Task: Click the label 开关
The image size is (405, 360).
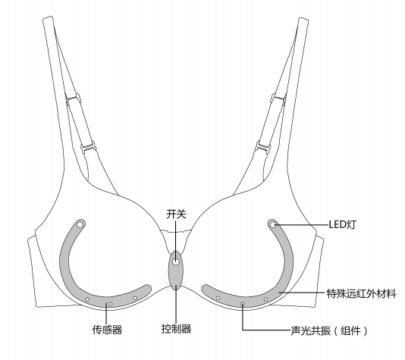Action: [x=176, y=214]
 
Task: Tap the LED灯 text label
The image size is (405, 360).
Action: [x=342, y=225]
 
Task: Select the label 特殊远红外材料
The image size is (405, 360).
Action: [x=361, y=293]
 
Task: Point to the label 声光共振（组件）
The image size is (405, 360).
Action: [x=329, y=330]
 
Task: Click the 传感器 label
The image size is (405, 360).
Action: [x=107, y=330]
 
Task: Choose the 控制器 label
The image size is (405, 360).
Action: [x=177, y=329]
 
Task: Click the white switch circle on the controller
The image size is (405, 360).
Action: [x=176, y=261]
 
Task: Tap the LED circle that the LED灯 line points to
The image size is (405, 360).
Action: [x=273, y=225]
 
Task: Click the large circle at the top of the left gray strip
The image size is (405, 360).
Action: [x=80, y=225]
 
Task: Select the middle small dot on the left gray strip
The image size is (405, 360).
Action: [x=110, y=304]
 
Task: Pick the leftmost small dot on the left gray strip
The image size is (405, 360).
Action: [x=87, y=299]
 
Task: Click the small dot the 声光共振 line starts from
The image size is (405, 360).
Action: [x=242, y=304]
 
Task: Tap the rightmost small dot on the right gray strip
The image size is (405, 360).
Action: [x=265, y=299]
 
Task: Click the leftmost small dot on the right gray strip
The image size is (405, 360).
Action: [x=218, y=298]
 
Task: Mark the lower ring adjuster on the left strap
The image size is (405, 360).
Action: [x=88, y=147]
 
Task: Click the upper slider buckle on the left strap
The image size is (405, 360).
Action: [x=73, y=99]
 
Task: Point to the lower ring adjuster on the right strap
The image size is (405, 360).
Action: [x=263, y=146]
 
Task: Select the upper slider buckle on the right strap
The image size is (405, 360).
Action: [x=279, y=98]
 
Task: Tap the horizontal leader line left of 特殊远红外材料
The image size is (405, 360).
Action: [x=303, y=293]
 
